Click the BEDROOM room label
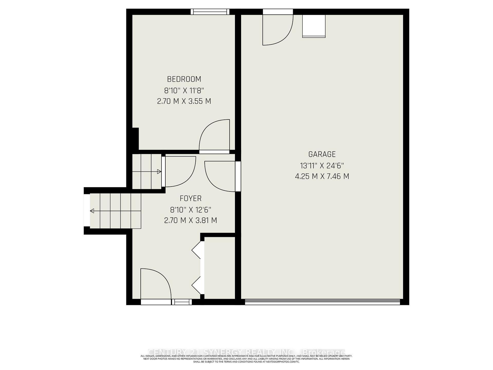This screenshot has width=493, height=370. click(184, 79)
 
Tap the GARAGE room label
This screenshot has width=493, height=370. click(322, 154)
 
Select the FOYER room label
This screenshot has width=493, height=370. click(191, 198)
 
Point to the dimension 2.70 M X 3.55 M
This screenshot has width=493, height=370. click(184, 101)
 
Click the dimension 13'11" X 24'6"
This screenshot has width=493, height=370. click(322, 165)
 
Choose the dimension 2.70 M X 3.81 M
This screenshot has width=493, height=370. click(191, 220)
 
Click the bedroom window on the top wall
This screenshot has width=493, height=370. click(210, 12)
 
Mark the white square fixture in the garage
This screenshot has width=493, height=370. click(314, 26)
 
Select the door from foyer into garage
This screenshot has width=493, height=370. click(221, 176)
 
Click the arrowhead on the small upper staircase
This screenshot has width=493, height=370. click(159, 172)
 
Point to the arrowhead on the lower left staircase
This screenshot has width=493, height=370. click(92, 211)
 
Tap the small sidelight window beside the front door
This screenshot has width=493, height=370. click(182, 302)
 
